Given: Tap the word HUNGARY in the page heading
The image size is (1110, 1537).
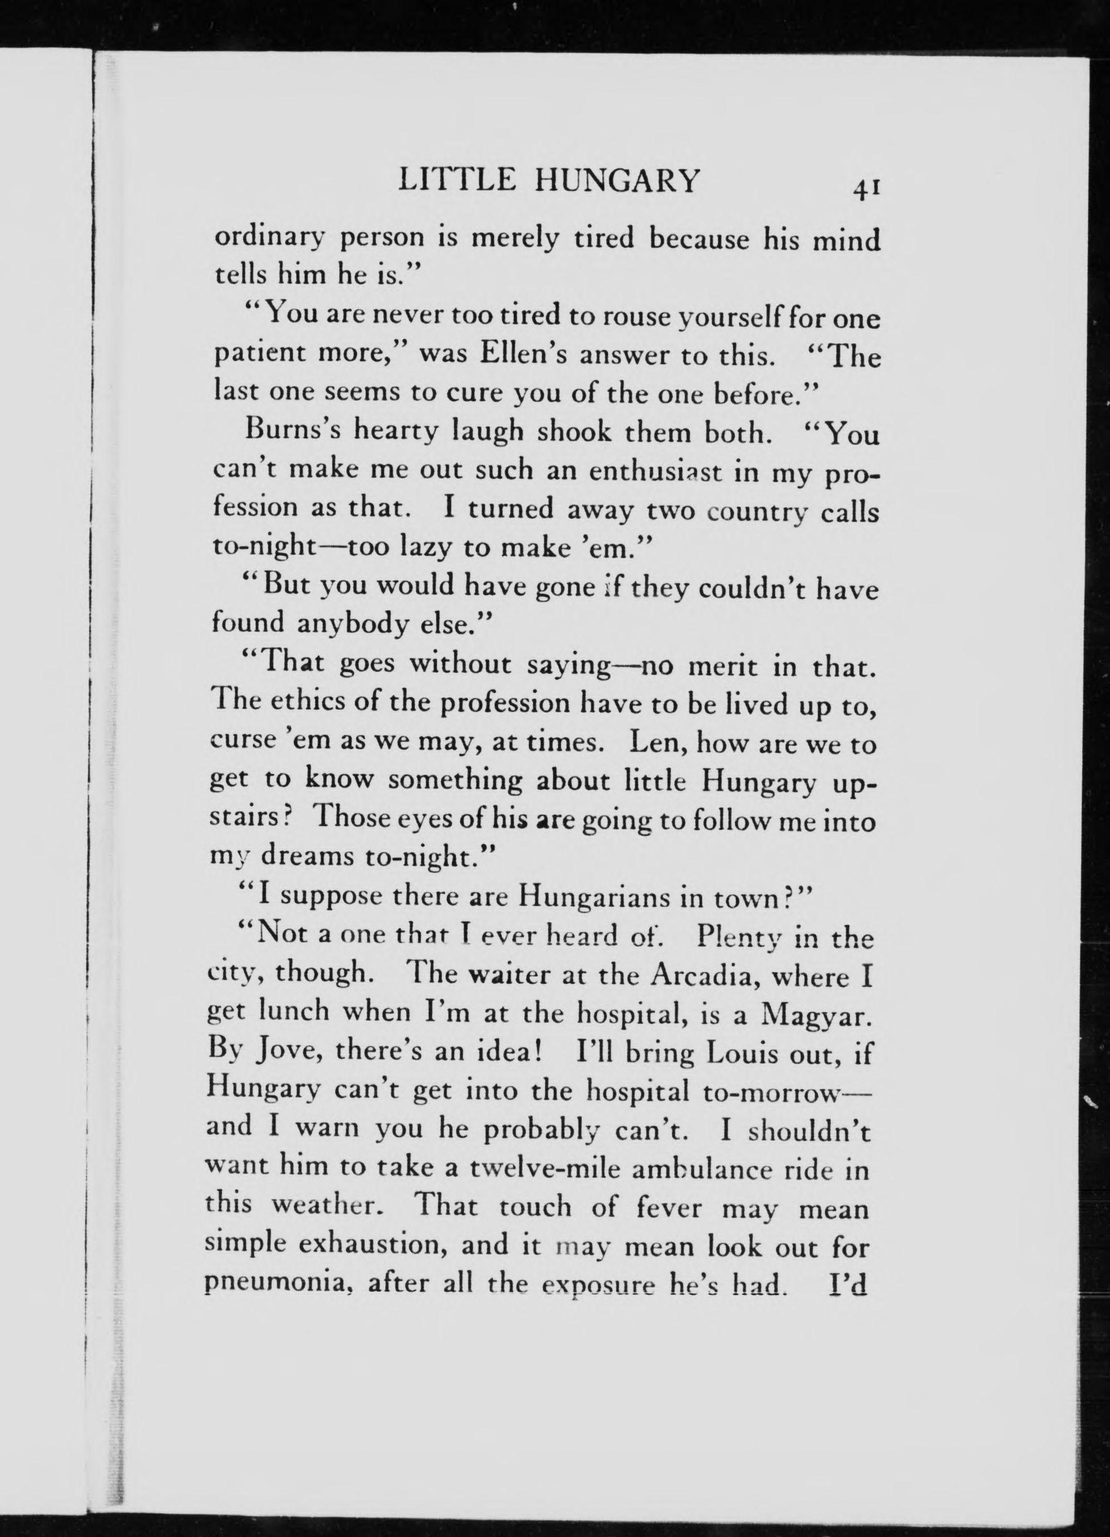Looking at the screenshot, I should pos(616,181).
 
